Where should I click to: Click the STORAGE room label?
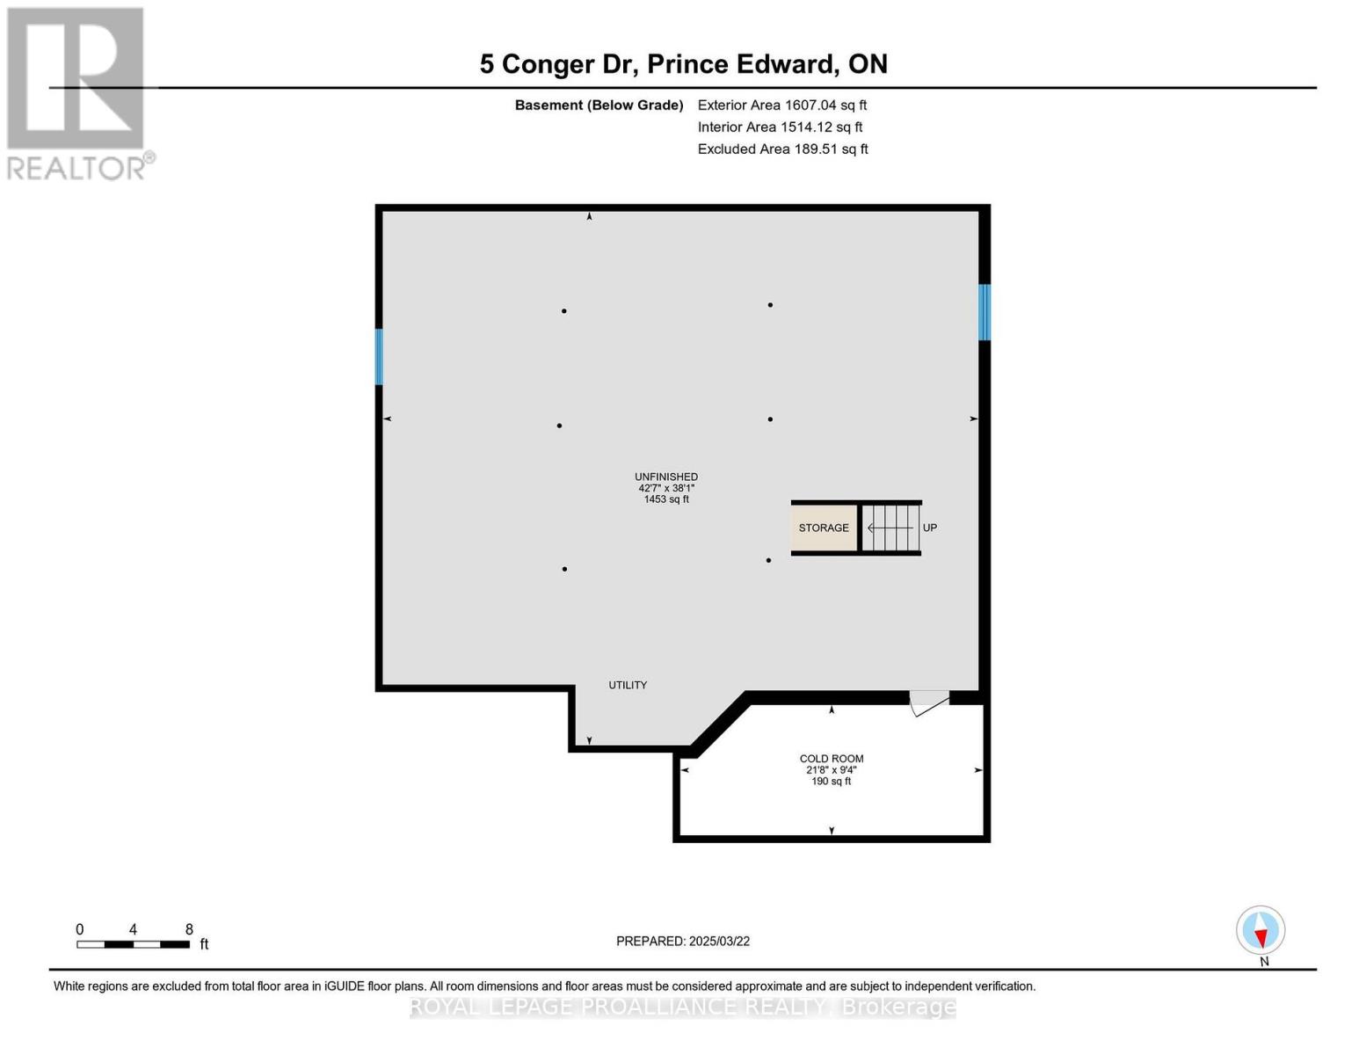pyautogui.click(x=823, y=527)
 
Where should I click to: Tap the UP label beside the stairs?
pyautogui.click(x=930, y=527)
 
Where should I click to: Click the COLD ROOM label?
pyautogui.click(x=831, y=758)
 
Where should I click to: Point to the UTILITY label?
pyautogui.click(x=628, y=685)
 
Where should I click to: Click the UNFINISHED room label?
pyautogui.click(x=665, y=477)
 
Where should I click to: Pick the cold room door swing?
pyautogui.click(x=929, y=704)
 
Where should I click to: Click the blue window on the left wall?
pyautogui.click(x=379, y=356)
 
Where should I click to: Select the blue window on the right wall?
pyautogui.click(x=985, y=312)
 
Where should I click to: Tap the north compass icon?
pyautogui.click(x=1261, y=930)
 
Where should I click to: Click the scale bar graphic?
pyautogui.click(x=134, y=944)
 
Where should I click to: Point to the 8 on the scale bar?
pyautogui.click(x=189, y=929)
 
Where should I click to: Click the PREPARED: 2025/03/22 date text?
pyautogui.click(x=683, y=942)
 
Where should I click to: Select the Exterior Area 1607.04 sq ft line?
pyautogui.click(x=782, y=105)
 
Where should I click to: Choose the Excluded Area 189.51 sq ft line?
pyautogui.click(x=782, y=149)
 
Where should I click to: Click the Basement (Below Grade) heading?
pyautogui.click(x=599, y=105)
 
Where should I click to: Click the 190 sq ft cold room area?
pyautogui.click(x=831, y=781)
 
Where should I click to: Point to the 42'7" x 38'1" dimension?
pyautogui.click(x=666, y=488)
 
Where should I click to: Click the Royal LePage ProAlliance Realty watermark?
pyautogui.click(x=683, y=1007)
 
